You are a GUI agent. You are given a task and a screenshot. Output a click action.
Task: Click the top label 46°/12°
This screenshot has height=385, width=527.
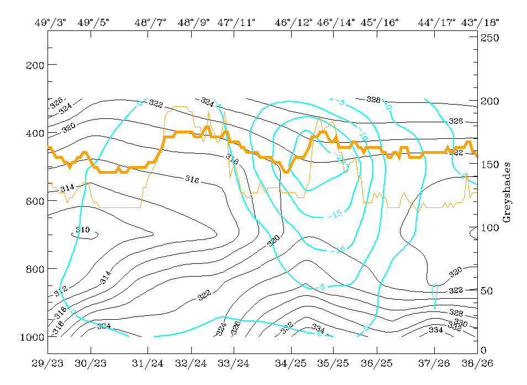point(294,23)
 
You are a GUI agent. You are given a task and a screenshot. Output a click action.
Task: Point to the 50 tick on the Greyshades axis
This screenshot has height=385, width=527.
point(487,291)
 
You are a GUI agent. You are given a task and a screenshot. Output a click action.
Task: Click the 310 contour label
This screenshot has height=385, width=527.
point(82,230)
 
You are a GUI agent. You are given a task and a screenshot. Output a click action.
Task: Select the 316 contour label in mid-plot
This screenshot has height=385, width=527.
point(192,179)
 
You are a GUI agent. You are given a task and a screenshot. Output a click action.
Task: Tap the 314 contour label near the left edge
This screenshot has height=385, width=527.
point(67,188)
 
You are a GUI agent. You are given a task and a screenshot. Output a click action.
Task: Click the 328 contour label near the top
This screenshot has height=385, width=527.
point(374,100)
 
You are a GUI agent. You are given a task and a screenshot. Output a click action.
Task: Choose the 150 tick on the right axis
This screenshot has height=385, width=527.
point(490,164)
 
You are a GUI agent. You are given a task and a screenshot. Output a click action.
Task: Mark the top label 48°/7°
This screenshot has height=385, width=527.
point(150,23)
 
